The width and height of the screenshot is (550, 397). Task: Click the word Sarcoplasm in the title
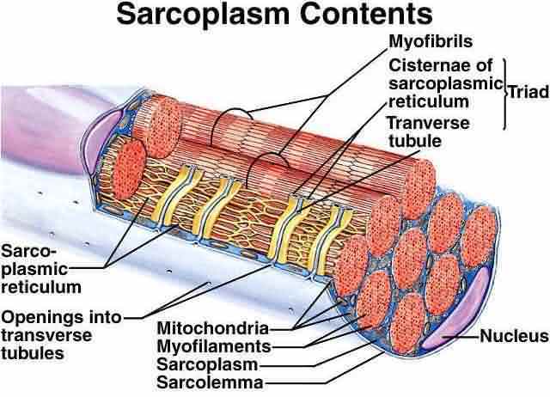(204, 15)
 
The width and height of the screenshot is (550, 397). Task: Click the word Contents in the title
(366, 14)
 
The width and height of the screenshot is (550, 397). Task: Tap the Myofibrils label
(431, 41)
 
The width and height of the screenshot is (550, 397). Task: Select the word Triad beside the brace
(529, 92)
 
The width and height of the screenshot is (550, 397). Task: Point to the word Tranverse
(428, 123)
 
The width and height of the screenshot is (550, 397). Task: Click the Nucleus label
(514, 336)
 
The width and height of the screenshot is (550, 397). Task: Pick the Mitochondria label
(213, 328)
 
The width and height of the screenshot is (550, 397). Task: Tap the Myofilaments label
(214, 346)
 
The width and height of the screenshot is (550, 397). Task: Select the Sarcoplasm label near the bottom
(207, 364)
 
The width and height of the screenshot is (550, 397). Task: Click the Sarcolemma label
(210, 382)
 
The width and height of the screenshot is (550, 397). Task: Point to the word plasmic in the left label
(34, 270)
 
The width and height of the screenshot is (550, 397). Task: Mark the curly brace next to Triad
(505, 94)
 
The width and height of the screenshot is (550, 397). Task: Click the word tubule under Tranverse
(415, 141)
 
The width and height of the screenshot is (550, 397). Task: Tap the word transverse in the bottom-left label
(46, 335)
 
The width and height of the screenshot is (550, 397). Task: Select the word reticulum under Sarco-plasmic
(41, 287)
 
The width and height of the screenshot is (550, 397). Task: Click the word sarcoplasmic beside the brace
(446, 84)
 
